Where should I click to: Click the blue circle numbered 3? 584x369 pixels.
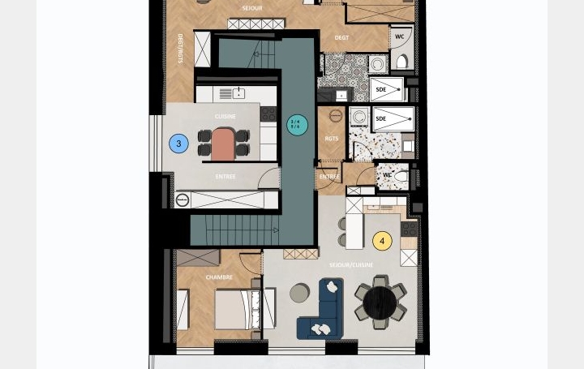point(178,144)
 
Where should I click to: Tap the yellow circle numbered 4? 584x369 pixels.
point(382,241)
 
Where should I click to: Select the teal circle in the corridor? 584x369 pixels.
point(298,124)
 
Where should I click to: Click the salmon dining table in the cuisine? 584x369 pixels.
point(222,144)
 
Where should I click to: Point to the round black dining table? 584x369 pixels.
point(380,303)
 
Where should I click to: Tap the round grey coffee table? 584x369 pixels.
point(300,292)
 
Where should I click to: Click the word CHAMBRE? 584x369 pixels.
point(219,277)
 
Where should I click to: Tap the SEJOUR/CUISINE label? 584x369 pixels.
point(351,265)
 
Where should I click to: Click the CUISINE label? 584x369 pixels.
point(225,117)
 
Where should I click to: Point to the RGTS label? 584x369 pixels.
point(331,138)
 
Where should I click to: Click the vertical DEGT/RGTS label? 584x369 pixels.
point(180,49)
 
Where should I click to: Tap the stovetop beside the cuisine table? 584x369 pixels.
point(268,114)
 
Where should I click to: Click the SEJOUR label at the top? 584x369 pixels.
point(251,7)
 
